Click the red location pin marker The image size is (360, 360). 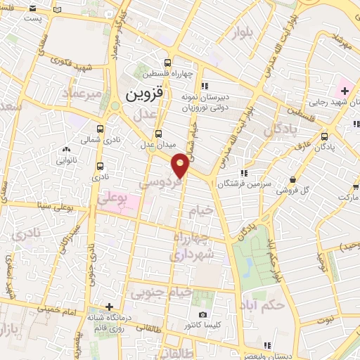pyautogui.click(x=181, y=164)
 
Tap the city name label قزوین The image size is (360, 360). pyautogui.click(x=144, y=93)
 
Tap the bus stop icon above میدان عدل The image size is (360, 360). pyautogui.click(x=158, y=133)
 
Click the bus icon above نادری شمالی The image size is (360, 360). pyautogui.click(x=100, y=129)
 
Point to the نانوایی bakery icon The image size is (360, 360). pyautogui.click(x=67, y=149)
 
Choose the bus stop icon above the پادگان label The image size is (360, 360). pyautogui.click(x=324, y=136)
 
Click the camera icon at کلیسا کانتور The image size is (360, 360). pyautogui.click(x=202, y=314)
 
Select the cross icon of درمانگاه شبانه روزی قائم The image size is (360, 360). pyautogui.click(x=109, y=307)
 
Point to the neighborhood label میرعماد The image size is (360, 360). pyautogui.click(x=82, y=94)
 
